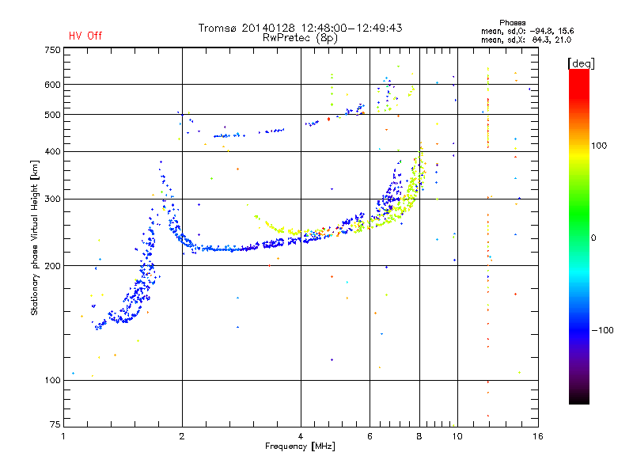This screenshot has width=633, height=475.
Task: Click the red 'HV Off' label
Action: click(x=85, y=36)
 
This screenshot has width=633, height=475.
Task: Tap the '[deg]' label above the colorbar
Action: click(x=581, y=63)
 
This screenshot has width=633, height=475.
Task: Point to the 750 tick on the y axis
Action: click(x=52, y=49)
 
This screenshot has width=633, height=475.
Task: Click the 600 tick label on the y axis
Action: click(x=52, y=85)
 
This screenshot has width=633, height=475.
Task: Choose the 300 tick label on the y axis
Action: click(x=52, y=199)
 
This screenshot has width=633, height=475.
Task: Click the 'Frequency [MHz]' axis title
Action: click(x=299, y=447)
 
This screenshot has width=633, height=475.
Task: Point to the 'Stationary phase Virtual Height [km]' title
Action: click(x=35, y=237)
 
